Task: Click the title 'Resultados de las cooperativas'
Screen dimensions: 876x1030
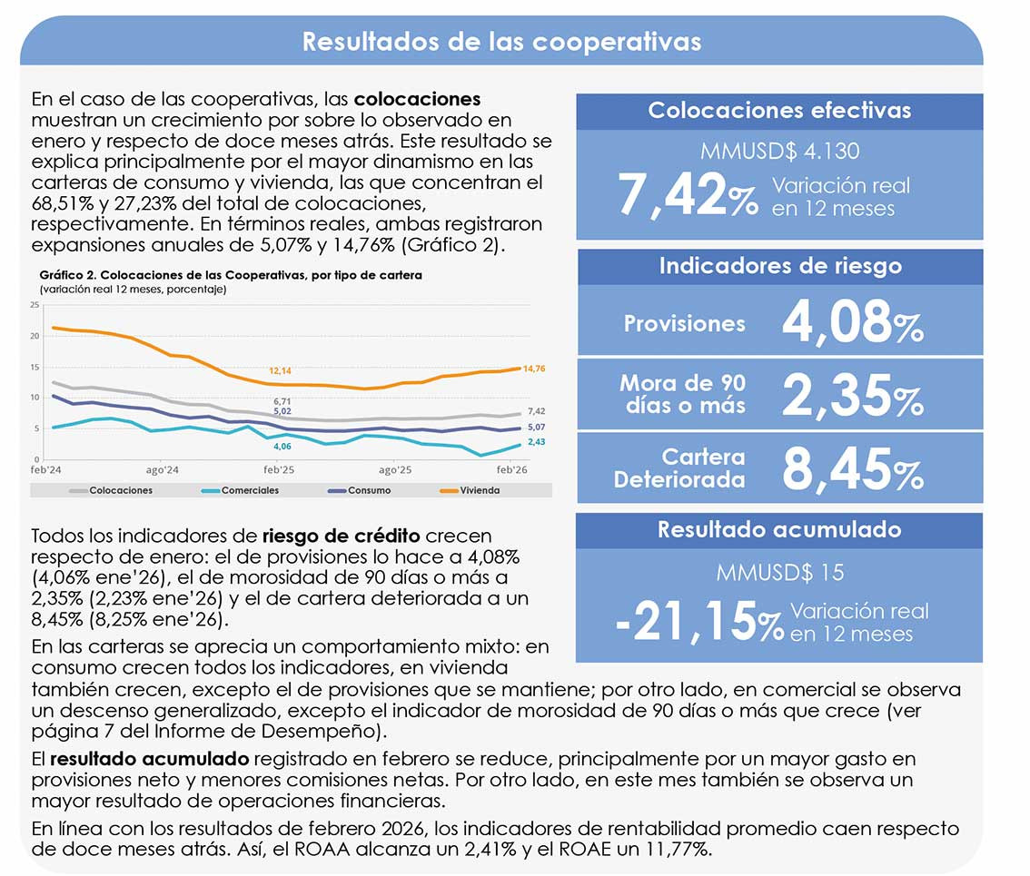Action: pyautogui.click(x=501, y=42)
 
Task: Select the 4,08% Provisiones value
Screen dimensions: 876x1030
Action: pyautogui.click(x=852, y=322)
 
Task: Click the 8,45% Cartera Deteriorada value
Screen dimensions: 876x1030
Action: pyautogui.click(x=852, y=468)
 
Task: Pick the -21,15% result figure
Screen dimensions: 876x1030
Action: pyautogui.click(x=698, y=621)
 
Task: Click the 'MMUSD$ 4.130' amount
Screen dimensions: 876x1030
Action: pyautogui.click(x=779, y=151)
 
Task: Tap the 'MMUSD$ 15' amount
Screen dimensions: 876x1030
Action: pyautogui.click(x=779, y=573)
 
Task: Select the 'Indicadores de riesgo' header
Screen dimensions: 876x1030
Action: pyautogui.click(x=779, y=266)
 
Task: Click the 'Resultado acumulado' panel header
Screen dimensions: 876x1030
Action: pyautogui.click(x=779, y=529)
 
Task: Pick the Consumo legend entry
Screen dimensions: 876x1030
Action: pyautogui.click(x=369, y=490)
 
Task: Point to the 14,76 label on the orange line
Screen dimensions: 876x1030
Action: pyautogui.click(x=535, y=369)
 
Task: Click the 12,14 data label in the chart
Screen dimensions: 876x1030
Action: pyautogui.click(x=280, y=371)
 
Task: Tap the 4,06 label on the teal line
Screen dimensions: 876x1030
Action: pyautogui.click(x=282, y=447)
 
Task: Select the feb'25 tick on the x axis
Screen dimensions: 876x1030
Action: pyautogui.click(x=279, y=470)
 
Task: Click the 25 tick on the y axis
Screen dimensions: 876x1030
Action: pyautogui.click(x=35, y=305)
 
